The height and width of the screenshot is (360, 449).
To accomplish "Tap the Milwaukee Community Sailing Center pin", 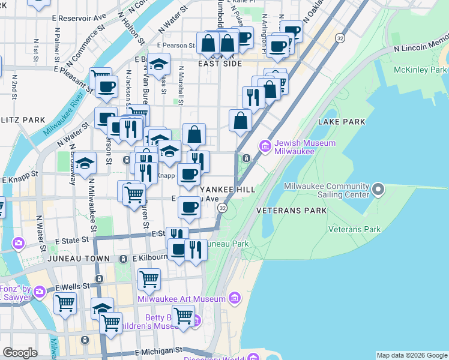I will pyautogui.click(x=378, y=190).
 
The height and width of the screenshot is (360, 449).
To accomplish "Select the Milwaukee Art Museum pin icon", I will pyautogui.click(x=235, y=298).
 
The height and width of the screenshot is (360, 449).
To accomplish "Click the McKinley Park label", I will pyautogui.click(x=420, y=70).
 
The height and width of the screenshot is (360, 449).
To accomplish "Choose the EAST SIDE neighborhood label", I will pyautogui.click(x=220, y=64).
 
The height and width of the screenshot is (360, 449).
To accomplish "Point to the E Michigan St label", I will pyautogui.click(x=158, y=350).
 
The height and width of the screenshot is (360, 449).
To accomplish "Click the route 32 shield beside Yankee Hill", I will pyautogui.click(x=223, y=208).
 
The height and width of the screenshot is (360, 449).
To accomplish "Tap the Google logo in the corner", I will pyautogui.click(x=20, y=353).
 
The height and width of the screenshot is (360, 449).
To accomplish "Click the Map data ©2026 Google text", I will pyautogui.click(x=412, y=355).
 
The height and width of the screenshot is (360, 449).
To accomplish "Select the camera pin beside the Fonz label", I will pyautogui.click(x=40, y=292).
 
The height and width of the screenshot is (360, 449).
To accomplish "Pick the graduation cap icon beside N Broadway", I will pyautogui.click(x=86, y=163).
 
